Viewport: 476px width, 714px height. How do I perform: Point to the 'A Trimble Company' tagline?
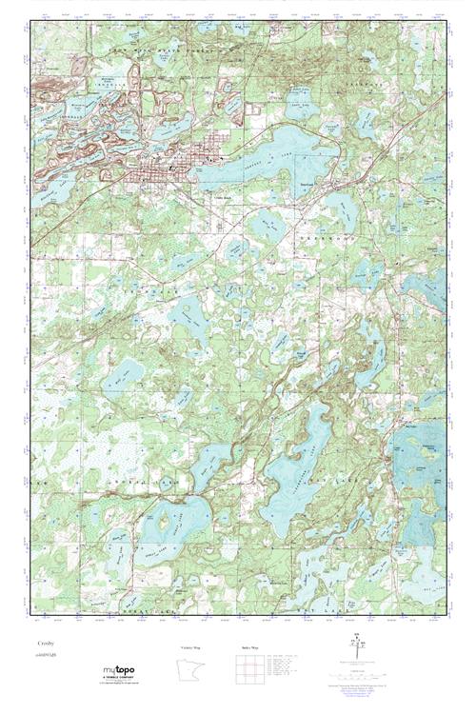pyautogui.click(x=118, y=677)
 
